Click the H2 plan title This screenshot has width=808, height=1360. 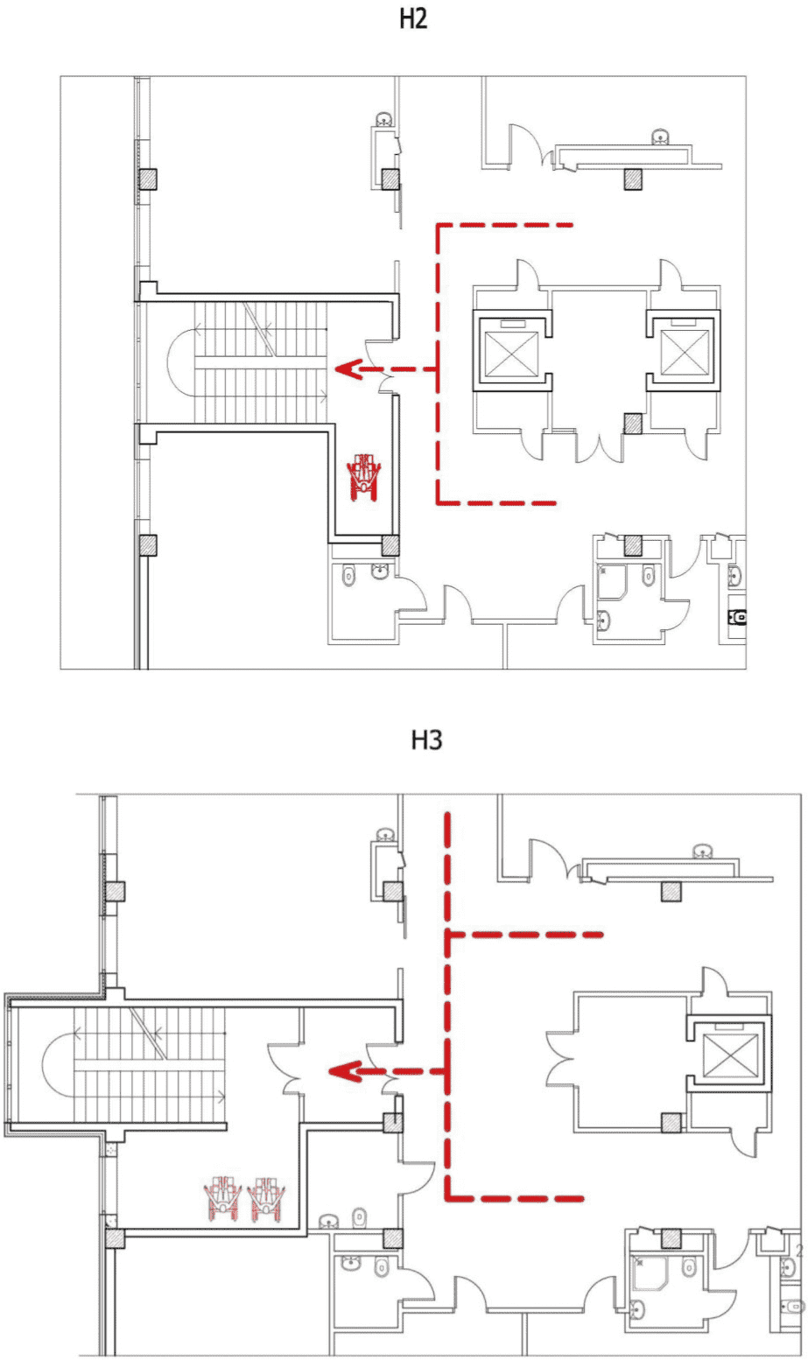click(x=413, y=19)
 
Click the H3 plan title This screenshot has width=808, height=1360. click(x=427, y=740)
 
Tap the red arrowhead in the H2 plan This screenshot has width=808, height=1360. click(x=343, y=369)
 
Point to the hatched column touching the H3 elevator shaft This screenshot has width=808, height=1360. click(x=671, y=1123)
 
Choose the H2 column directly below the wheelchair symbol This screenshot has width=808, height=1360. click(x=390, y=546)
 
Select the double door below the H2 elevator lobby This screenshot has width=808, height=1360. click(x=600, y=445)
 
